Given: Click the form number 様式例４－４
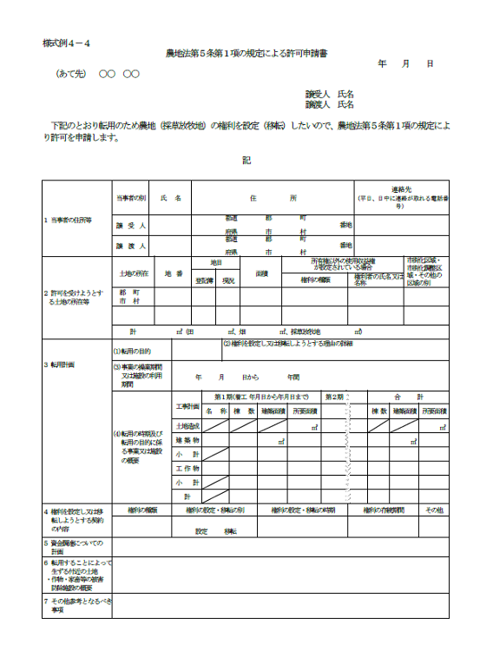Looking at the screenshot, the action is click(x=66, y=43).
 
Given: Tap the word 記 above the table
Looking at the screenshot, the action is click(x=246, y=160).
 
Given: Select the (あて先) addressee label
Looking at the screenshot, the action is click(x=70, y=75).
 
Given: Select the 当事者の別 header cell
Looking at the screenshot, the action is click(x=131, y=198).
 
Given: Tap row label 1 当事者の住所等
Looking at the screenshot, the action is click(x=69, y=220).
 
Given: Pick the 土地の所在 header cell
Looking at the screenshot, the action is click(x=134, y=273).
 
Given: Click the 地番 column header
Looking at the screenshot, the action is click(x=174, y=273).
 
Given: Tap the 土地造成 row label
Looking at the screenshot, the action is click(x=187, y=426).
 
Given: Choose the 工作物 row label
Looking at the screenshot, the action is click(x=187, y=468).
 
